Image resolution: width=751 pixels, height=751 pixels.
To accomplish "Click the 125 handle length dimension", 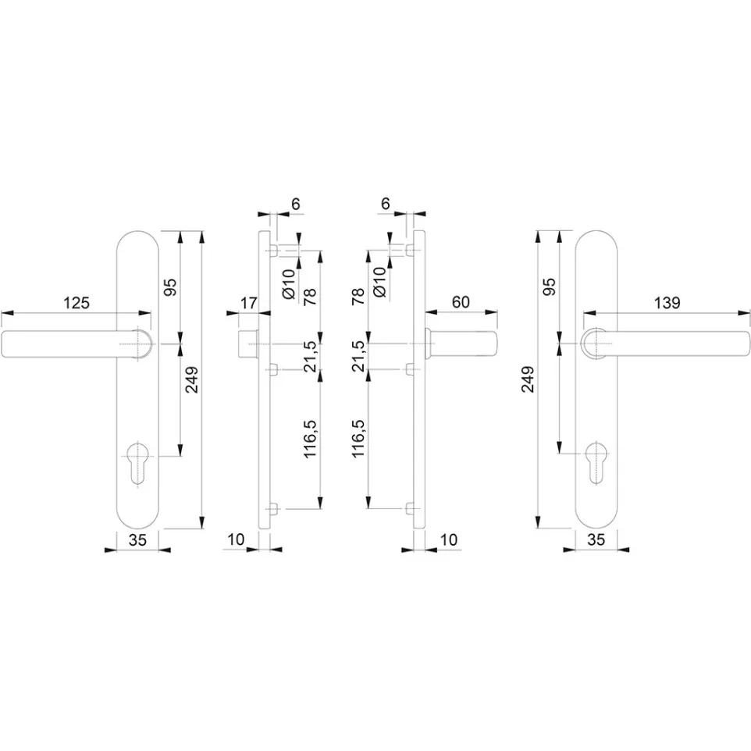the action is (77, 303).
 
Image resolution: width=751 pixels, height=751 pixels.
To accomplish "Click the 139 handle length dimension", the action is (667, 303).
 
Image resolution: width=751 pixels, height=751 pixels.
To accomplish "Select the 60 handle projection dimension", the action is (461, 302).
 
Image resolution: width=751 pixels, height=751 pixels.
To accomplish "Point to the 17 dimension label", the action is (248, 303).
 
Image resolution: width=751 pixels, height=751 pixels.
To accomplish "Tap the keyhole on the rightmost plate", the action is (596, 462).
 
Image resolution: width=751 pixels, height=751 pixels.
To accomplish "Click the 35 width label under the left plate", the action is (137, 540).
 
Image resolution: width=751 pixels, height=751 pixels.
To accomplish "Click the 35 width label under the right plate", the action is (596, 539).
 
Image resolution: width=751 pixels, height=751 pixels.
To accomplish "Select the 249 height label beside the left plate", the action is (192, 380).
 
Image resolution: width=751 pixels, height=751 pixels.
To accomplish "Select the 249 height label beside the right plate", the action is (528, 379).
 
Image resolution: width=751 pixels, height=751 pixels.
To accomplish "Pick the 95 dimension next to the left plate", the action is (170, 287).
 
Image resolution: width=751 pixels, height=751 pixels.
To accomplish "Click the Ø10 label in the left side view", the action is (289, 283).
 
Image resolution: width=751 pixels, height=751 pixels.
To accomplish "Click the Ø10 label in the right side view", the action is (379, 282).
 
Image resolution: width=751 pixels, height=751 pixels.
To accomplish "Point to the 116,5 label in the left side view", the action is (311, 439).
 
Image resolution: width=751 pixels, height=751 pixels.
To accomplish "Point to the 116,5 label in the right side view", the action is (359, 439).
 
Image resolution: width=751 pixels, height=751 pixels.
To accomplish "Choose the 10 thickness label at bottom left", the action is (236, 539).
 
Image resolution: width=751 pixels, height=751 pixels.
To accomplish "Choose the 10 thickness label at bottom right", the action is (449, 539).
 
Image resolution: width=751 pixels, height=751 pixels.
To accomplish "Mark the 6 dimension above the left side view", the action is (296, 204).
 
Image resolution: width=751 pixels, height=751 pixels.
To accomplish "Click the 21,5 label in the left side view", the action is (311, 356).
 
